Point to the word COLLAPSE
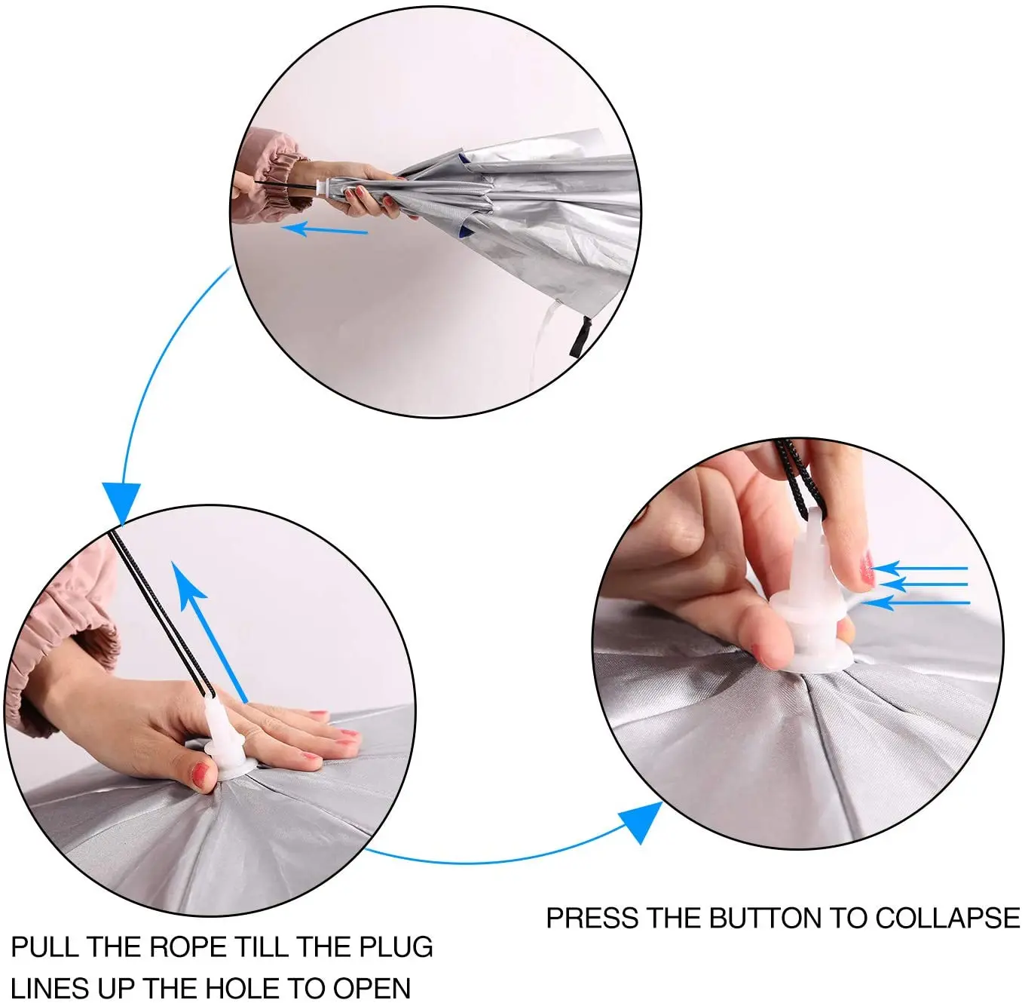pyautogui.click(x=946, y=918)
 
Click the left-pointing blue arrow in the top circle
pyautogui.click(x=324, y=230)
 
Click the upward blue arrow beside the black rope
pyautogui.click(x=210, y=631)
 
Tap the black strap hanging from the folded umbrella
pyautogui.click(x=580, y=338)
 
